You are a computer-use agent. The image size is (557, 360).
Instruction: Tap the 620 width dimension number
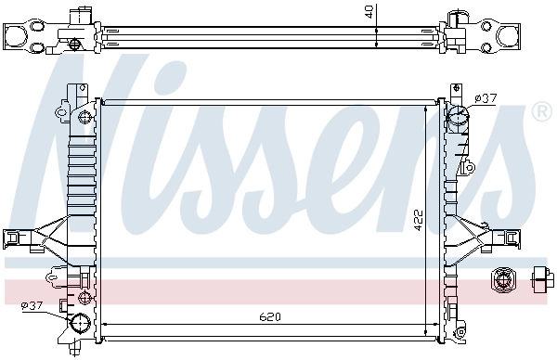[269, 317]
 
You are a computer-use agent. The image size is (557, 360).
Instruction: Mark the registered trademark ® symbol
[540, 111]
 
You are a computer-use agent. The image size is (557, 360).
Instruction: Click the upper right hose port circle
[458, 118]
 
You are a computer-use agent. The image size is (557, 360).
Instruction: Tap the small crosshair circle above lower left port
[84, 297]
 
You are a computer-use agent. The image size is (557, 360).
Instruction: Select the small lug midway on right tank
[470, 167]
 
